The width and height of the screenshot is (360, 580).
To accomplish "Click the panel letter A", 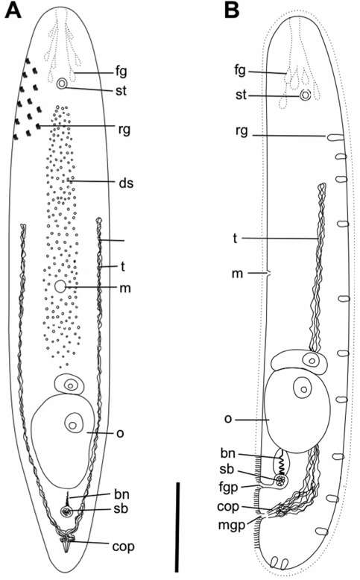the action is [x=13, y=10].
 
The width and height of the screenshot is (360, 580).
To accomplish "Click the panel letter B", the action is [x=232, y=10].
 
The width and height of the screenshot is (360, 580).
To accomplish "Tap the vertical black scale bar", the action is [x=177, y=527].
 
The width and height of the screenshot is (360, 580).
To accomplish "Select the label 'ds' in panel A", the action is [x=126, y=183].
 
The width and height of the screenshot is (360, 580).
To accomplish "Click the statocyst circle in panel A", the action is [x=62, y=84].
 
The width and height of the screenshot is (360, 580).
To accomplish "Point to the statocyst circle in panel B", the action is [x=305, y=95].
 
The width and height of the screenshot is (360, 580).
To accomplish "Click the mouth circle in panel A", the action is [x=60, y=286].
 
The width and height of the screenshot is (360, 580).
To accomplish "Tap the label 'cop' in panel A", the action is [x=123, y=546].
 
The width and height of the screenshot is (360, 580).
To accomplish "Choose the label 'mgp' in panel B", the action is [x=232, y=526].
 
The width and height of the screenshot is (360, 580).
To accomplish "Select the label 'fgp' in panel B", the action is [x=228, y=488].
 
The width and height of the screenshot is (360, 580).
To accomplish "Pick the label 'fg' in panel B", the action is [x=240, y=69].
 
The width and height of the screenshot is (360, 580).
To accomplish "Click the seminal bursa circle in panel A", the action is [x=67, y=512].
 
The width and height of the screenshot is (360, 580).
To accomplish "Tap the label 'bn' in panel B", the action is [x=228, y=453].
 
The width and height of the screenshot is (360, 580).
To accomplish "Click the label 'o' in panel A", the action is [x=120, y=433].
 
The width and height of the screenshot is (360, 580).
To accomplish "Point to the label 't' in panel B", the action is [x=235, y=239].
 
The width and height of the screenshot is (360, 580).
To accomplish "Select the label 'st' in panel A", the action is [x=121, y=90].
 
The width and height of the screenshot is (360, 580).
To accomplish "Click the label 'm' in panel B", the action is [x=237, y=274].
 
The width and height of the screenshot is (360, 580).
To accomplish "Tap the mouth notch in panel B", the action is [x=269, y=274].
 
